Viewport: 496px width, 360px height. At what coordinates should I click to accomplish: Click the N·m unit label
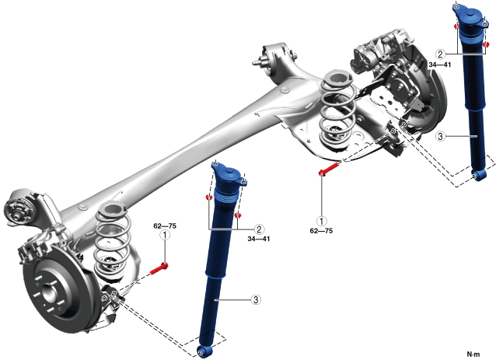point(473,355)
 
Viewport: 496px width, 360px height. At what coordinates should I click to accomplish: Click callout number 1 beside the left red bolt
point(165,236)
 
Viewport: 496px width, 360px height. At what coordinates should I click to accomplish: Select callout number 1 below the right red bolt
point(322,221)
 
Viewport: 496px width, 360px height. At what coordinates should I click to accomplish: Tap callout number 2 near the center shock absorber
point(259,229)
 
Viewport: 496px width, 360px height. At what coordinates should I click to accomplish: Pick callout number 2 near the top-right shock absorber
point(440,54)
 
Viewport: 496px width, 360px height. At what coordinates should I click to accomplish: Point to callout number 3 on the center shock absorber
point(256,299)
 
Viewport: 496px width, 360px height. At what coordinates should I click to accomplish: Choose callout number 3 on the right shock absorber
point(440,136)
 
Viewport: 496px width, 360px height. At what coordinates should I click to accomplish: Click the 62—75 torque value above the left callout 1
point(165,225)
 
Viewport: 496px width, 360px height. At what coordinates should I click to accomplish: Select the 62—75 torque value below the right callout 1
point(321,231)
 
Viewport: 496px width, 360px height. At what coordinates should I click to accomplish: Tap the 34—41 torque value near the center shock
point(259,239)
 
